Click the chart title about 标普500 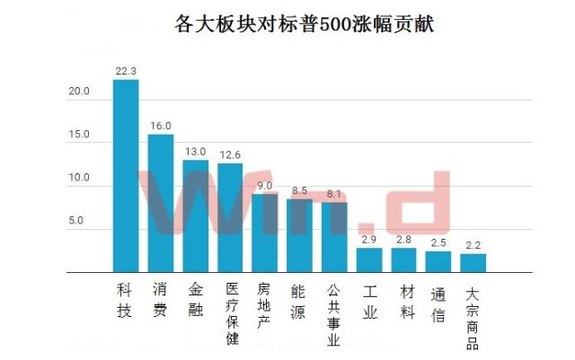(304, 24)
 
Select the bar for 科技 (126, 176)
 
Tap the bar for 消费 (161, 204)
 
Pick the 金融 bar (196, 216)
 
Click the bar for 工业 (369, 260)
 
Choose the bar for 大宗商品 (473, 263)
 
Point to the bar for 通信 (438, 262)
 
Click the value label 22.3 (126, 71)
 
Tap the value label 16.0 (161, 126)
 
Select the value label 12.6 (230, 154)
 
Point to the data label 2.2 (473, 245)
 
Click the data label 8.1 (334, 194)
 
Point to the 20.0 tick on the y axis (79, 91)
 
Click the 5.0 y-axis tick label (75, 221)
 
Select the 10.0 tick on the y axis (79, 178)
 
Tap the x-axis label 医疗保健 (233, 313)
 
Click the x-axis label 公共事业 (333, 315)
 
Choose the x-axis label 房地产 (263, 305)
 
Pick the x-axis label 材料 (407, 303)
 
